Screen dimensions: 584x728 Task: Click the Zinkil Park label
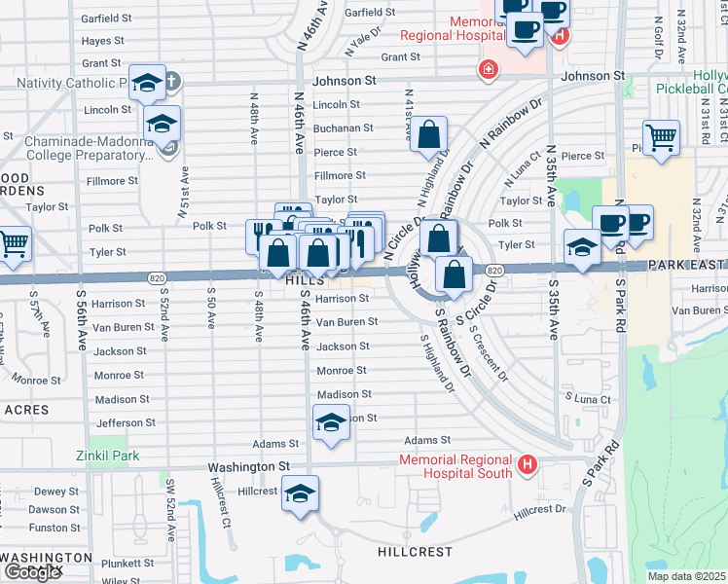(108, 456)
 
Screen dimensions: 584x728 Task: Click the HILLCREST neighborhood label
(414, 552)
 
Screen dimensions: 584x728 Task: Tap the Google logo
(32, 572)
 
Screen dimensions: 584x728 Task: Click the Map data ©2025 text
(687, 576)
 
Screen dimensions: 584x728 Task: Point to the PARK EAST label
(687, 266)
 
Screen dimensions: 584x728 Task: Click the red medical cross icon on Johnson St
(484, 70)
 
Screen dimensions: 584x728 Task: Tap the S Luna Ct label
(588, 399)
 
